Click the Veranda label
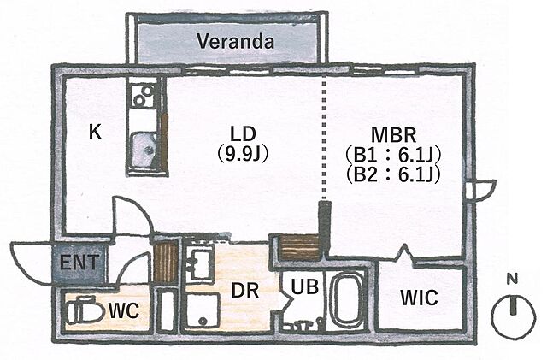(236, 42)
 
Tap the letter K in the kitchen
(95, 132)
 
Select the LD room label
(243, 133)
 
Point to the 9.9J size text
(243, 154)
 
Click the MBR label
(393, 135)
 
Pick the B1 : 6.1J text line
(393, 156)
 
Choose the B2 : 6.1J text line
(393, 175)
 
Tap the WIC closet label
(419, 298)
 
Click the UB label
(305, 287)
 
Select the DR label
(245, 291)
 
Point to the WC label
(124, 310)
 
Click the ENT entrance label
(79, 263)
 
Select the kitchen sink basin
(144, 149)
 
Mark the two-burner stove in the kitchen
(144, 95)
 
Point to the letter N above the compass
(512, 280)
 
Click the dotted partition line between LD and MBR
(325, 137)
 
